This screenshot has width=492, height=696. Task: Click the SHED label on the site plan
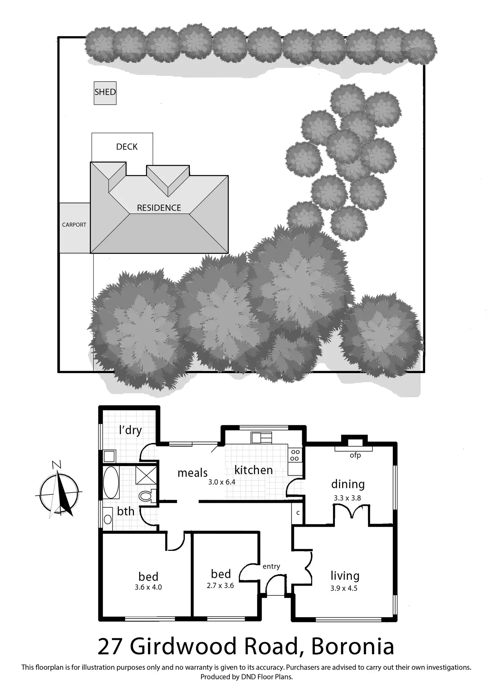click(105, 92)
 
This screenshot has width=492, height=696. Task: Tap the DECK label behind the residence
click(127, 147)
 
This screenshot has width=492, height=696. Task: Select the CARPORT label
click(74, 225)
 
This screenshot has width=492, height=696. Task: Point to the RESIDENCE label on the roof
click(159, 208)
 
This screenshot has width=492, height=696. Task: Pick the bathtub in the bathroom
click(111, 482)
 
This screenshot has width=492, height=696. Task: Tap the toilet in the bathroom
click(147, 495)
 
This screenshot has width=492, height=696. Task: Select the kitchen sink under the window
click(261, 437)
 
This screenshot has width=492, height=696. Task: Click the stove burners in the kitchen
click(295, 455)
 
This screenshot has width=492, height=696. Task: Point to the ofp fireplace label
click(355, 455)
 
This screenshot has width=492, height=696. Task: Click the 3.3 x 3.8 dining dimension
click(347, 498)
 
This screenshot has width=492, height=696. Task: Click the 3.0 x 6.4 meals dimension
click(222, 482)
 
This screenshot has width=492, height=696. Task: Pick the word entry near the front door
click(271, 566)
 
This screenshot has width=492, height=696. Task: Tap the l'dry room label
click(130, 430)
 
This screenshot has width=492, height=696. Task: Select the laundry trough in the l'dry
click(109, 456)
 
